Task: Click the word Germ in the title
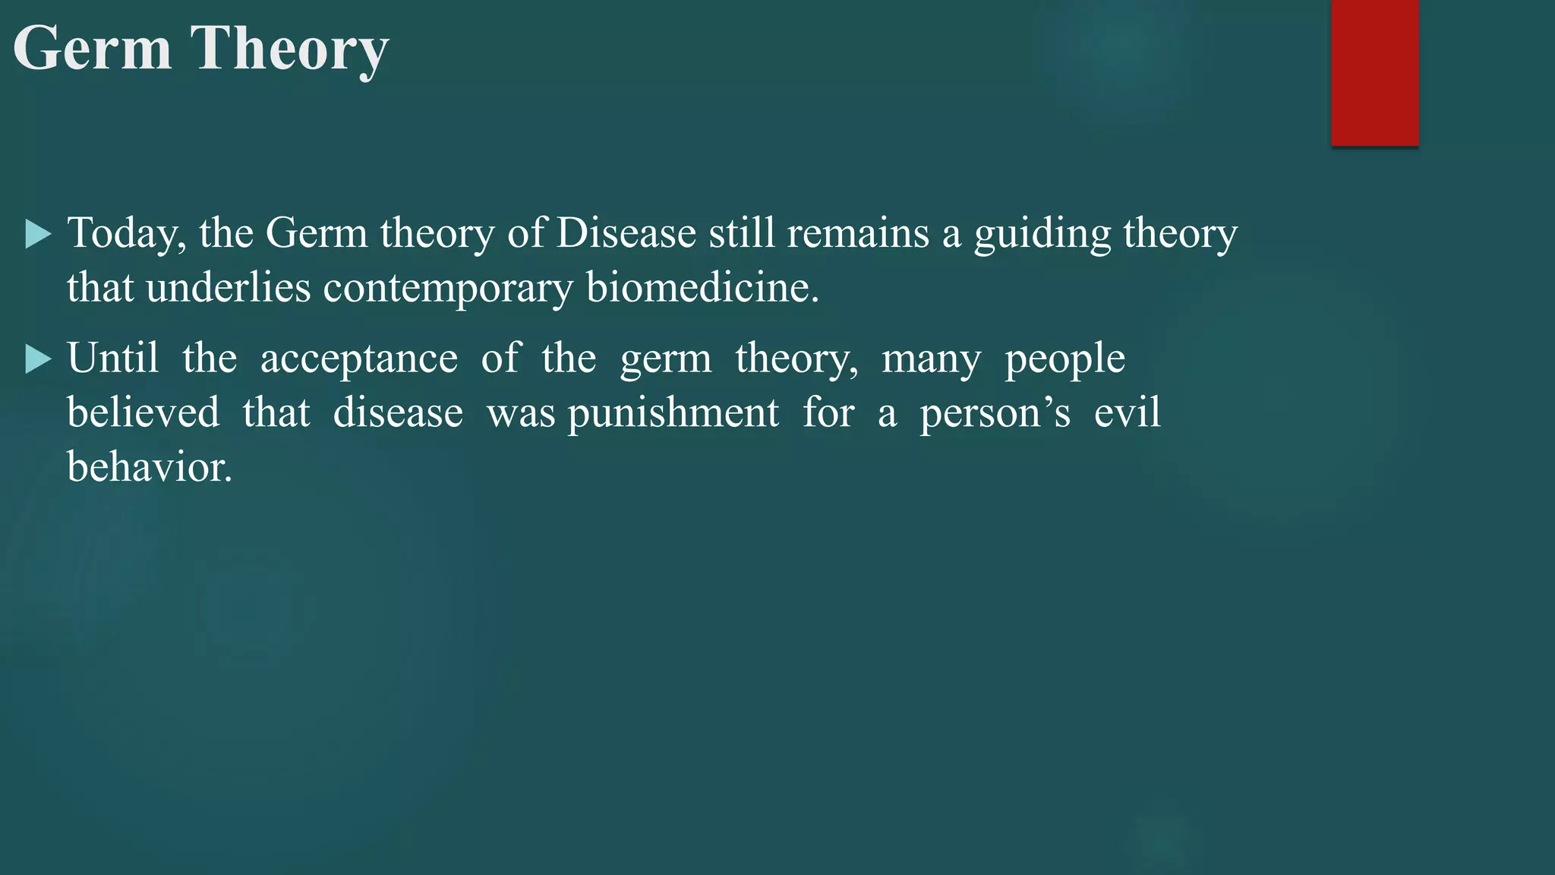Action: click(93, 49)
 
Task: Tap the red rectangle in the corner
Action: click(1374, 72)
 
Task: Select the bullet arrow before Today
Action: click(38, 234)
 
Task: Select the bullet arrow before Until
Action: click(38, 359)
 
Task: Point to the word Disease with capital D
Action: click(626, 232)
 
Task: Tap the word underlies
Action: click(228, 288)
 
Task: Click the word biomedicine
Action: click(702, 288)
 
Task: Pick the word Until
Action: click(113, 358)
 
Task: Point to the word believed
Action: click(143, 412)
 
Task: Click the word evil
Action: click(1127, 412)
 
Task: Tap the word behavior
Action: click(149, 466)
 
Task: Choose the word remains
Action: click(857, 232)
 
